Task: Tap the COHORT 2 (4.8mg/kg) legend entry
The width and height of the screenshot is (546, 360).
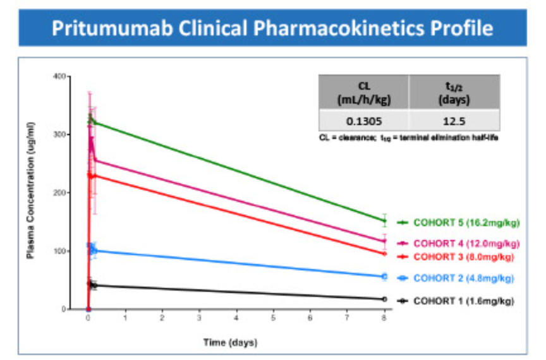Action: (463, 278)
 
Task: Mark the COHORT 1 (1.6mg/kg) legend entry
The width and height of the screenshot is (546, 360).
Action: (463, 301)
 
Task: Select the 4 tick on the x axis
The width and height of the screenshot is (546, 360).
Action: (236, 320)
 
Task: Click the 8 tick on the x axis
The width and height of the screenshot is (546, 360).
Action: (384, 320)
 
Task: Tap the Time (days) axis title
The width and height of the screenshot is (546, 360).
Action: (230, 342)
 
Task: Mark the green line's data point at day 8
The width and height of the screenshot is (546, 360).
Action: (384, 220)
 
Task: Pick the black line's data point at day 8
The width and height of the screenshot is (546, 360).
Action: (384, 299)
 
